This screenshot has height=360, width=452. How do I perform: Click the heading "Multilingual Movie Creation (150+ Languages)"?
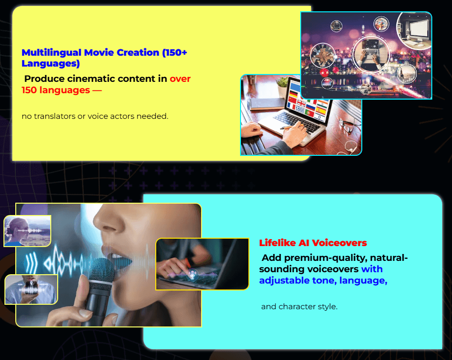point(104,58)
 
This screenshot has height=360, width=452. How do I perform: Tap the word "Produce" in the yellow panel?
point(44,79)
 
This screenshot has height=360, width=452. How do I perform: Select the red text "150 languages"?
point(56,90)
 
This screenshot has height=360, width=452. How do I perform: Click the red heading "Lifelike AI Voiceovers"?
point(313,243)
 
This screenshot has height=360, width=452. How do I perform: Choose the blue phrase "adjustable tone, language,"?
point(323,281)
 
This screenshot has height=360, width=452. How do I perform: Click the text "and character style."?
point(299,306)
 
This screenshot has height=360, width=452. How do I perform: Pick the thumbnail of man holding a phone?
point(32,289)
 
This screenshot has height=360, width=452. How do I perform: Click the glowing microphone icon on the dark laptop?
point(192,274)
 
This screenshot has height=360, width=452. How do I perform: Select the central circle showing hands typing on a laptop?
point(371,54)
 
